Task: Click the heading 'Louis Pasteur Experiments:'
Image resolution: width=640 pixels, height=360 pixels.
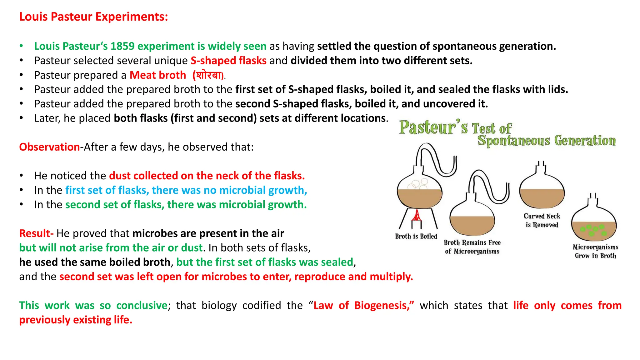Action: click(x=93, y=17)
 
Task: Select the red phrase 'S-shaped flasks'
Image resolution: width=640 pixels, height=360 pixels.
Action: click(x=228, y=61)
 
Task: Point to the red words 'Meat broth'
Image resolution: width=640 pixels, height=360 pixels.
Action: click(x=158, y=75)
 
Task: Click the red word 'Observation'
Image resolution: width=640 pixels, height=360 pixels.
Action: click(x=49, y=147)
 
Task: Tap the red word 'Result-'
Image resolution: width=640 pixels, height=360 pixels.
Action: click(x=36, y=233)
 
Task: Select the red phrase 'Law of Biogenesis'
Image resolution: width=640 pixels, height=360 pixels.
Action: click(x=363, y=305)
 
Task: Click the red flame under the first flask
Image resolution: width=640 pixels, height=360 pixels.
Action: click(x=416, y=216)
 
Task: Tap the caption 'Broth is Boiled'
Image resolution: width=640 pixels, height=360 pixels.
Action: click(x=416, y=236)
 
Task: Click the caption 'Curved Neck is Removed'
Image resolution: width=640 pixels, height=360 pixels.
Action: click(x=542, y=220)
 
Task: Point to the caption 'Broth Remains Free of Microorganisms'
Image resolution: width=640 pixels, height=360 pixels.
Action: click(x=472, y=247)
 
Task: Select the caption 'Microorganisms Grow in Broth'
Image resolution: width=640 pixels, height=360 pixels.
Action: click(x=595, y=251)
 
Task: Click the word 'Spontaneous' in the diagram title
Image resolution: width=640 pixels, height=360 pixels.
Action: click(x=513, y=141)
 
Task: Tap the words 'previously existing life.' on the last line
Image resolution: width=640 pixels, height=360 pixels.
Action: click(x=76, y=320)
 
